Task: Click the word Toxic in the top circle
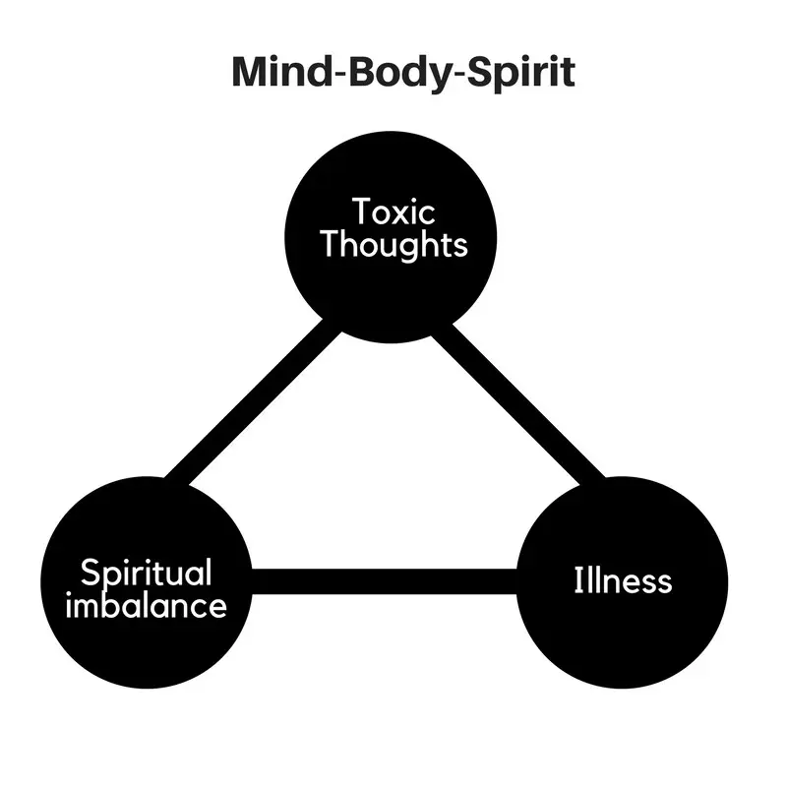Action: [393, 212]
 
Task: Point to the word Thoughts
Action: [393, 244]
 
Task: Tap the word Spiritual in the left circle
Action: [146, 574]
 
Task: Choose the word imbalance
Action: [146, 605]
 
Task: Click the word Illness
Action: [623, 580]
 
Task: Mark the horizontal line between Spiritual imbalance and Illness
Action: [384, 581]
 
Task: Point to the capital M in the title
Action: [249, 73]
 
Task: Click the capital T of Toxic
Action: [362, 212]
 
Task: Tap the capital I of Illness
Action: [578, 580]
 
